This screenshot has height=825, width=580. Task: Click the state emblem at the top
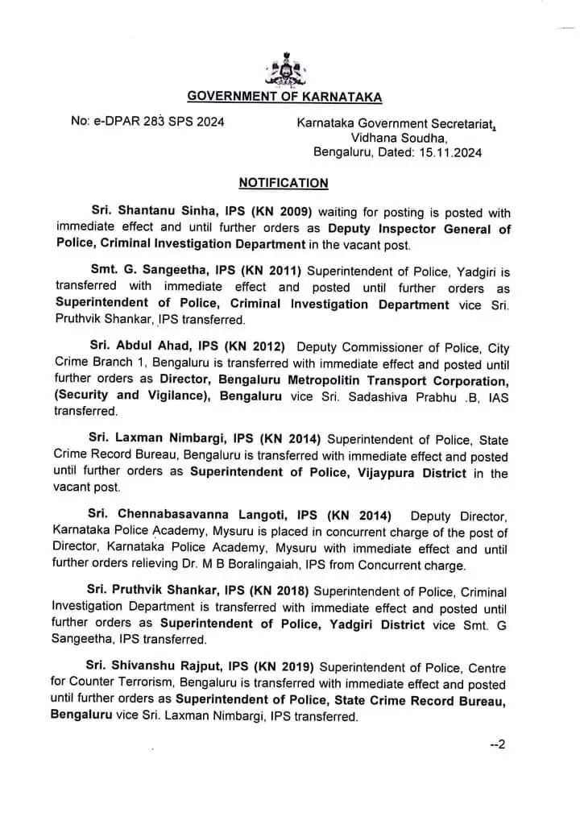click(284, 69)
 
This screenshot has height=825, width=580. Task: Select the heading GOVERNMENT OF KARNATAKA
click(284, 97)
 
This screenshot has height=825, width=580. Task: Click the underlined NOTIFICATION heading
click(284, 183)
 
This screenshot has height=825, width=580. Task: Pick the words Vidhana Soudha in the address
click(382, 138)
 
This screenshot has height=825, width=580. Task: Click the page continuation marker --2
click(497, 745)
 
